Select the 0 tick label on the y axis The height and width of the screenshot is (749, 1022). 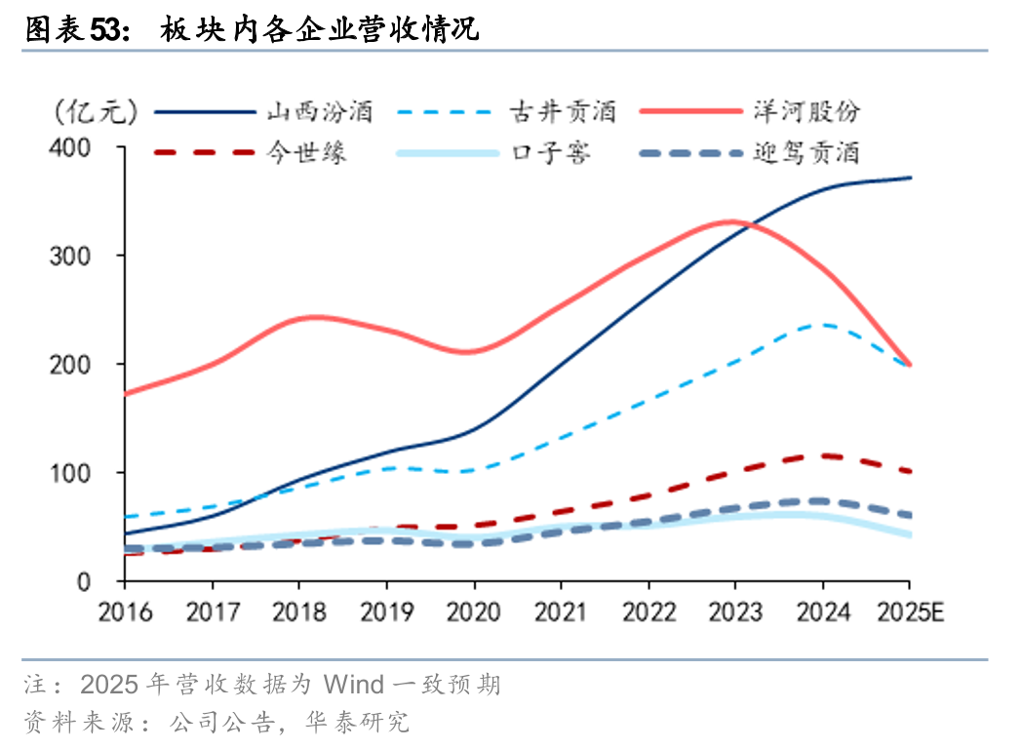83,582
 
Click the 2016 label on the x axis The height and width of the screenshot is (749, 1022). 125,612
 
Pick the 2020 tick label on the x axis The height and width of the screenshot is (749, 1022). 474,612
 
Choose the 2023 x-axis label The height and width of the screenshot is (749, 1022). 735,612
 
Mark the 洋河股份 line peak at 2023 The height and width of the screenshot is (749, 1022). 733,222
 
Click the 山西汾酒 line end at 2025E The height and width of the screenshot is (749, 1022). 909,177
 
